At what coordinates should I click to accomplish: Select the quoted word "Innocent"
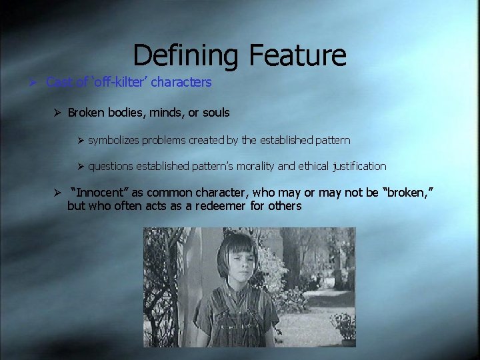click(100, 193)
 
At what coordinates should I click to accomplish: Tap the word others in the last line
click(285, 206)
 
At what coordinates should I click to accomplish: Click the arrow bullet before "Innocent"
click(57, 193)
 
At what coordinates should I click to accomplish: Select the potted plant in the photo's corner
click(345, 327)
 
